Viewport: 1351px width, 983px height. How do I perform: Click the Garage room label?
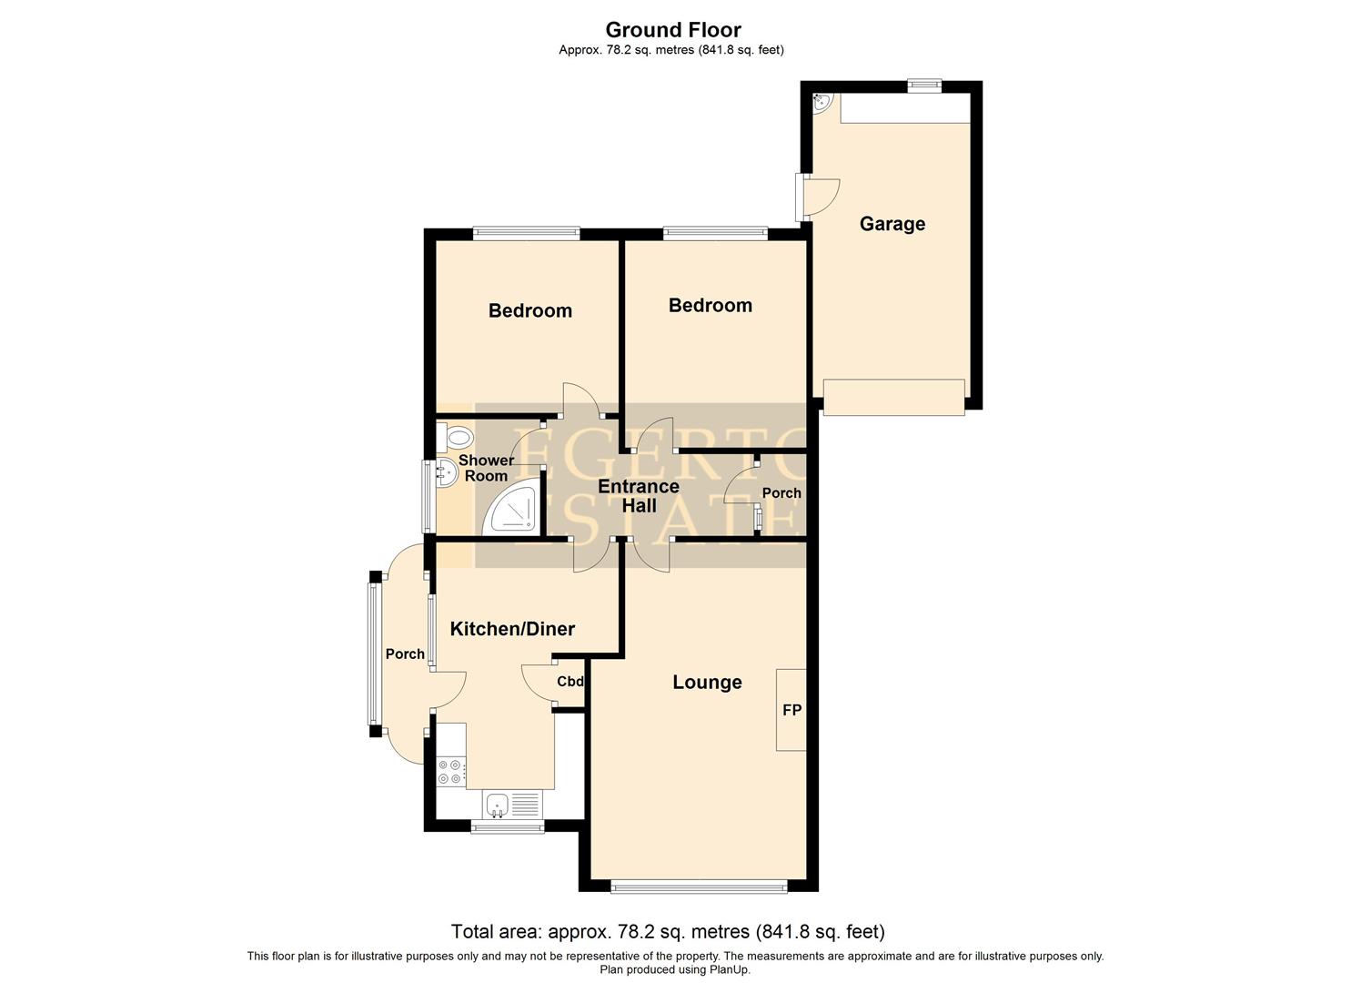892,224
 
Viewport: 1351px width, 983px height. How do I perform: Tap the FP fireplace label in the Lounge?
791,710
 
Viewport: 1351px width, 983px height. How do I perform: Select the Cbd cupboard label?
570,682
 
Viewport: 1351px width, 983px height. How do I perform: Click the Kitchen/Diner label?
513,629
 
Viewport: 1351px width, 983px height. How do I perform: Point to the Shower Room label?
486,468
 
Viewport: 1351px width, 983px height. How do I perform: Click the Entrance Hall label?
639,496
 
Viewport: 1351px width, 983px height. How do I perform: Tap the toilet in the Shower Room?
458,438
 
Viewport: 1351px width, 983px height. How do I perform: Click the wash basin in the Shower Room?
445,472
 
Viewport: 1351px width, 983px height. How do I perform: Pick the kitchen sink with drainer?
511,804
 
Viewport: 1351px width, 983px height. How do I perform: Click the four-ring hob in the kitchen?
449,772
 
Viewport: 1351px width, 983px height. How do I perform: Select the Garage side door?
817,197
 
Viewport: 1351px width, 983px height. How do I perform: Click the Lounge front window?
698,886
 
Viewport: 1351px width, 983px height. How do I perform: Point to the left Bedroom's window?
526,233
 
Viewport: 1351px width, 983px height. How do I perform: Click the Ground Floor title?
673,30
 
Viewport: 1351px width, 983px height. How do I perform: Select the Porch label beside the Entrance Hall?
781,493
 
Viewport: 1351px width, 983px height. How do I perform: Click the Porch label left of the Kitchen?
405,654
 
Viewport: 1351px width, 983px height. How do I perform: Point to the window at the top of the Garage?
924,86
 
